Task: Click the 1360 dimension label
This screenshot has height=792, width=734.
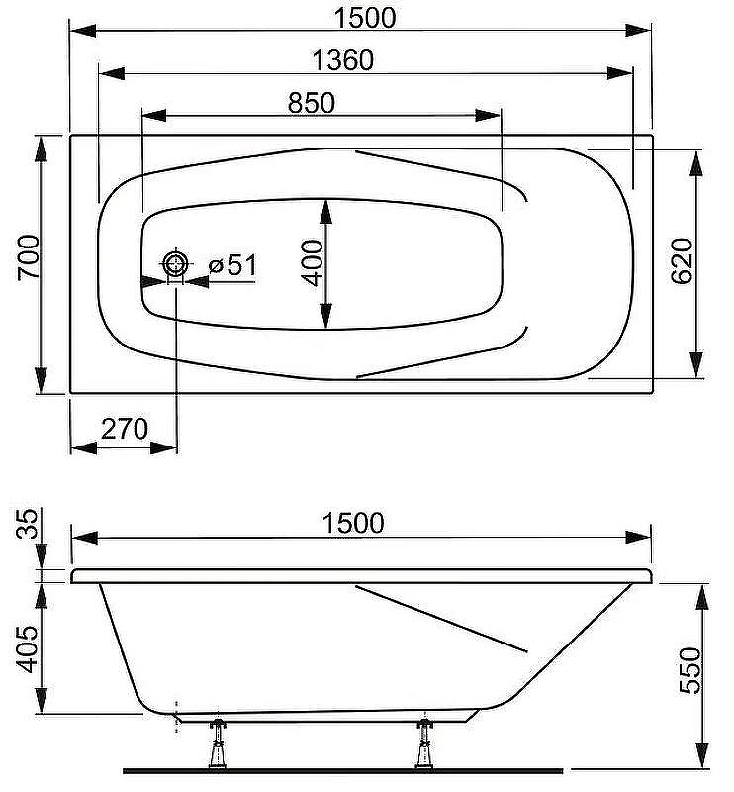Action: (x=343, y=60)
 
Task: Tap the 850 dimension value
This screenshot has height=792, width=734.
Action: (x=311, y=103)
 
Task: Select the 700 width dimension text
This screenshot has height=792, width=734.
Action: (x=29, y=257)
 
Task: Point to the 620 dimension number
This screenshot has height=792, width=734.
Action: (x=682, y=260)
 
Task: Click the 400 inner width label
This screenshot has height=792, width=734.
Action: (x=312, y=262)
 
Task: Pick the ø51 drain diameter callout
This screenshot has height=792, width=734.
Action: (x=232, y=264)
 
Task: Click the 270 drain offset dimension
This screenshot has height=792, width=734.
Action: (x=125, y=429)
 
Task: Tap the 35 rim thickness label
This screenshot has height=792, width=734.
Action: (x=28, y=524)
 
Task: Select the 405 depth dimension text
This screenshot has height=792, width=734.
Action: (x=28, y=649)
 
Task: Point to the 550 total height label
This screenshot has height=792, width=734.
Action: (x=690, y=670)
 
